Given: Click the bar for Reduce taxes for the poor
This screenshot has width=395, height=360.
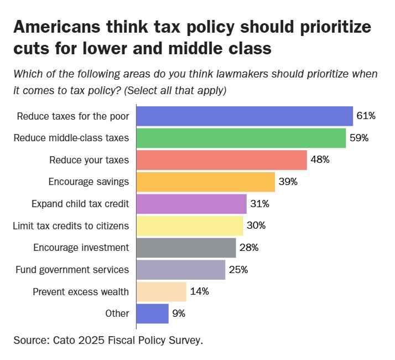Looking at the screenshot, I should [245, 116].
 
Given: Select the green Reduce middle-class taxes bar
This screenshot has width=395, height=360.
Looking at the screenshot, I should [241, 138].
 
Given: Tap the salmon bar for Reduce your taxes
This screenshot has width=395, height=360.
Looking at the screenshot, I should [221, 160].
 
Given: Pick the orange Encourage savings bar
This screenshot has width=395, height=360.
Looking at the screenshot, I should [206, 182].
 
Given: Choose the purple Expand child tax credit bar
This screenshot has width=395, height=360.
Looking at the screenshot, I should [191, 204].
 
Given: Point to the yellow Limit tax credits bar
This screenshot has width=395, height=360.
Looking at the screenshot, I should [190, 225].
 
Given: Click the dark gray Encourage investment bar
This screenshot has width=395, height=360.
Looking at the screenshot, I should [186, 248].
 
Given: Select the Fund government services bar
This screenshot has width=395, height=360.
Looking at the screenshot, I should [181, 270].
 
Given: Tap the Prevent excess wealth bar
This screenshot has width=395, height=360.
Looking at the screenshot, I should [161, 291].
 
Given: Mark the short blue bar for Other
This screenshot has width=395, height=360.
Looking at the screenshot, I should [152, 313].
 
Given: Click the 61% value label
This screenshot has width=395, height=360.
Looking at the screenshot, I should [366, 116].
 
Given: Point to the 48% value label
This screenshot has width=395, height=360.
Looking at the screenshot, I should [320, 160].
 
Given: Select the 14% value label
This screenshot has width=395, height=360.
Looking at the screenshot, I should [199, 291].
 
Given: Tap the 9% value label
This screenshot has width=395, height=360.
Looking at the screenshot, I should [178, 313].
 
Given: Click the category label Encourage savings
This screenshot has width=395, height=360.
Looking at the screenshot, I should [89, 182].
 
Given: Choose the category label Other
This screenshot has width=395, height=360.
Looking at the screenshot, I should [117, 313].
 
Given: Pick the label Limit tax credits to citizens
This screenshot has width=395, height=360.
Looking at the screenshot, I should [71, 225].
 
